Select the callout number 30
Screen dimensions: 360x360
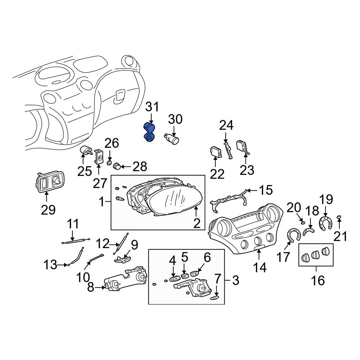pos(175,120)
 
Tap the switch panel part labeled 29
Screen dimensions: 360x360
pos(50,181)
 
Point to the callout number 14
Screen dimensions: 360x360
pos(260,268)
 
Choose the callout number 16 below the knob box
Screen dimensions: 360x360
pos(318,280)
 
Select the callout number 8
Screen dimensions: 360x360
pos(91,287)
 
